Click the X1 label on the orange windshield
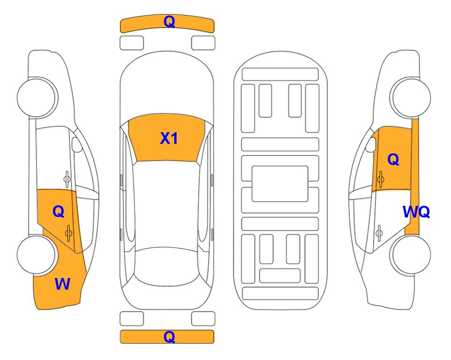tap(169, 138)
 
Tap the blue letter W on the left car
tap(62, 284)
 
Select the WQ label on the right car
tap(416, 212)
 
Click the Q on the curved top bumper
tap(169, 22)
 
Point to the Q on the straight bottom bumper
tap(169, 337)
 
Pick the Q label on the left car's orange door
tap(59, 212)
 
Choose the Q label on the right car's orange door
tap(393, 159)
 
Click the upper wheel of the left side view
tap(37, 97)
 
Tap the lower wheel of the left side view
tap(37, 255)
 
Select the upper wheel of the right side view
tap(410, 97)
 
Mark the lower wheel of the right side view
tap(410, 255)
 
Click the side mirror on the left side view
tap(77, 144)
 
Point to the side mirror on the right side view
tap(371, 144)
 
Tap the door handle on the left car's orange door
tap(68, 232)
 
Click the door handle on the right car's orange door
tap(380, 179)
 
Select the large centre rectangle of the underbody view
tap(280, 184)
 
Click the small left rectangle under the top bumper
tap(132, 43)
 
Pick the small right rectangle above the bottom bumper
tap(203, 319)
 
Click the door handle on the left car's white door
tap(67, 179)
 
